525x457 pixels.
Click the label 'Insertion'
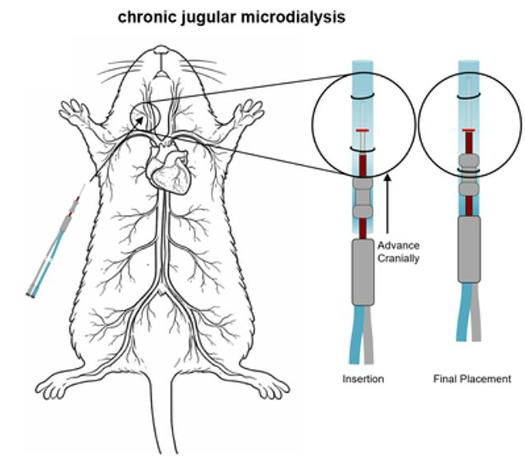(363, 379)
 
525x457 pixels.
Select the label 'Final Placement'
(472, 379)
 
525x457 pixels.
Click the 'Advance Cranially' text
(398, 252)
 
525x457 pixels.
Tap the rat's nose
(161, 49)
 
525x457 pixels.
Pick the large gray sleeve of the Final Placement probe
(469, 249)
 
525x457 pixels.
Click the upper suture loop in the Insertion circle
(362, 96)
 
